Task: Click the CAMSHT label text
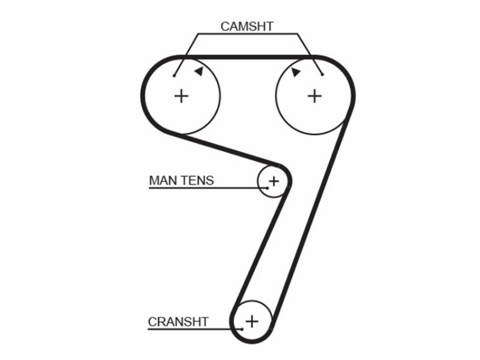[x=247, y=26]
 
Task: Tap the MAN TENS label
[x=181, y=181]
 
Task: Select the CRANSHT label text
[x=178, y=322]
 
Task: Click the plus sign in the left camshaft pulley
[x=181, y=96]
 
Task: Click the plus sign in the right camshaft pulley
[x=314, y=96]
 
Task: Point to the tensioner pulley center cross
[x=274, y=182]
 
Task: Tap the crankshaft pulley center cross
[x=252, y=322]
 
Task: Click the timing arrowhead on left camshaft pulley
[x=199, y=71]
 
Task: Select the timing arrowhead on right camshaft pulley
[x=296, y=72]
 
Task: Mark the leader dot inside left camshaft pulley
[x=174, y=76]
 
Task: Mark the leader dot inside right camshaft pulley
[x=322, y=74]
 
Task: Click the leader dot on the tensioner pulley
[x=267, y=188]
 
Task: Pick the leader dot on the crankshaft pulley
[x=242, y=329]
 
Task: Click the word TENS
[x=199, y=181]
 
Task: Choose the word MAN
[x=164, y=181]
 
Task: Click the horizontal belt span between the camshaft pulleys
[x=248, y=57]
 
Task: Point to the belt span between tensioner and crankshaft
[x=260, y=248]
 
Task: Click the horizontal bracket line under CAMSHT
[x=247, y=34]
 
